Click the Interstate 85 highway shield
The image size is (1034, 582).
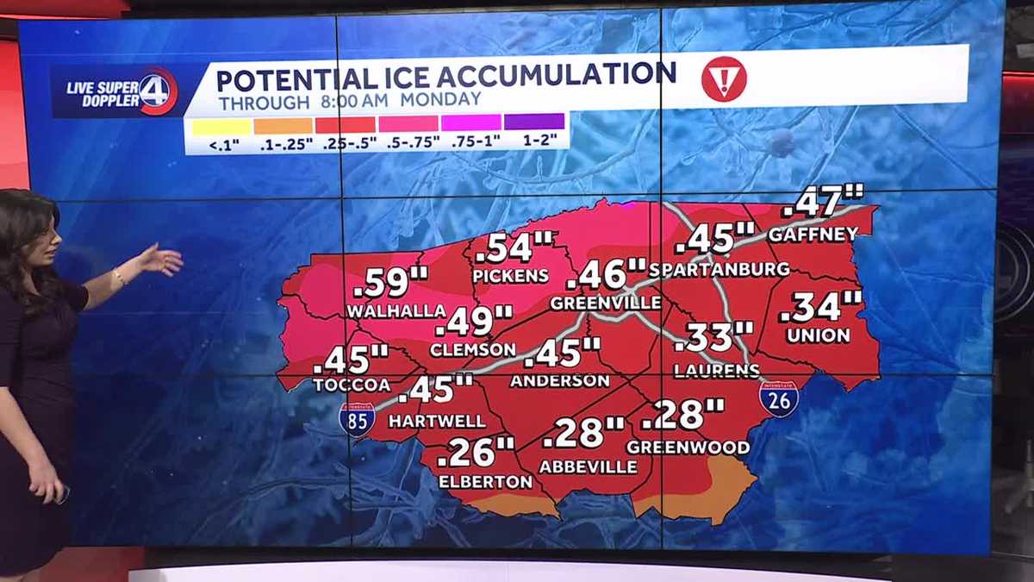click(x=357, y=419)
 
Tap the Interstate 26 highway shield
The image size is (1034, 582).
click(x=778, y=399)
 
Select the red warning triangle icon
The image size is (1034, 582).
click(x=723, y=79)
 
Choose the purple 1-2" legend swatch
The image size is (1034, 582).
click(x=534, y=122)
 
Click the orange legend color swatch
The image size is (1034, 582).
click(x=283, y=126)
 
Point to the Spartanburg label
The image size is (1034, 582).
click(x=719, y=269)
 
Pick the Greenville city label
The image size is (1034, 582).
click(x=605, y=304)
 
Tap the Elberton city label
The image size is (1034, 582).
click(x=485, y=482)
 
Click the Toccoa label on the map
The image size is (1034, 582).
click(x=352, y=385)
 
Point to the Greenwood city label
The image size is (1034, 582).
click(x=688, y=447)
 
